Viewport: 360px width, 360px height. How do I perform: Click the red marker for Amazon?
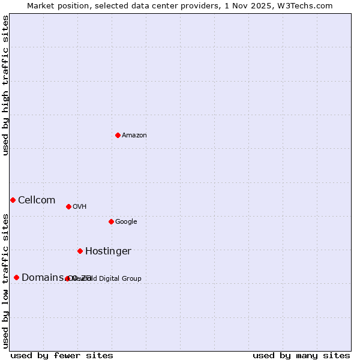pos(118,135)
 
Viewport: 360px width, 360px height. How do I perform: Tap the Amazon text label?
pos(134,136)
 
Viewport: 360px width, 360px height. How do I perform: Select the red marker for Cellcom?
pos(13,200)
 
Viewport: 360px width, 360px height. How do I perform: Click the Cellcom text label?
pos(37,200)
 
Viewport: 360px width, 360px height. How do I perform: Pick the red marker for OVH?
pos(68,206)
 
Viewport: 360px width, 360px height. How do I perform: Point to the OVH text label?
pos(80,207)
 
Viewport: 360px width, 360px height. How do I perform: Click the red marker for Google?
pos(111,221)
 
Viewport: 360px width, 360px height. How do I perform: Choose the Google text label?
pos(126,222)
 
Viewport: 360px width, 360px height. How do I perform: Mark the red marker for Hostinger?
pos(80,251)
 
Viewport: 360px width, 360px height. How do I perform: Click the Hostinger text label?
pos(108,251)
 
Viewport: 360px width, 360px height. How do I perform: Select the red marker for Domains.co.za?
pos(16,277)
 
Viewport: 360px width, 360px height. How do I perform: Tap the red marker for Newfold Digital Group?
pos(67,278)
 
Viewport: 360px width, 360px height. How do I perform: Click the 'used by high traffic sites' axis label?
pos(5,85)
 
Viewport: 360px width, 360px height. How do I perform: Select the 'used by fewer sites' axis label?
pos(62,355)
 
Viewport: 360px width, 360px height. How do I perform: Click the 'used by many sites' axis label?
pos(301,355)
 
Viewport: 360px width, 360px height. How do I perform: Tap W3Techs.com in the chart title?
pos(305,5)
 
